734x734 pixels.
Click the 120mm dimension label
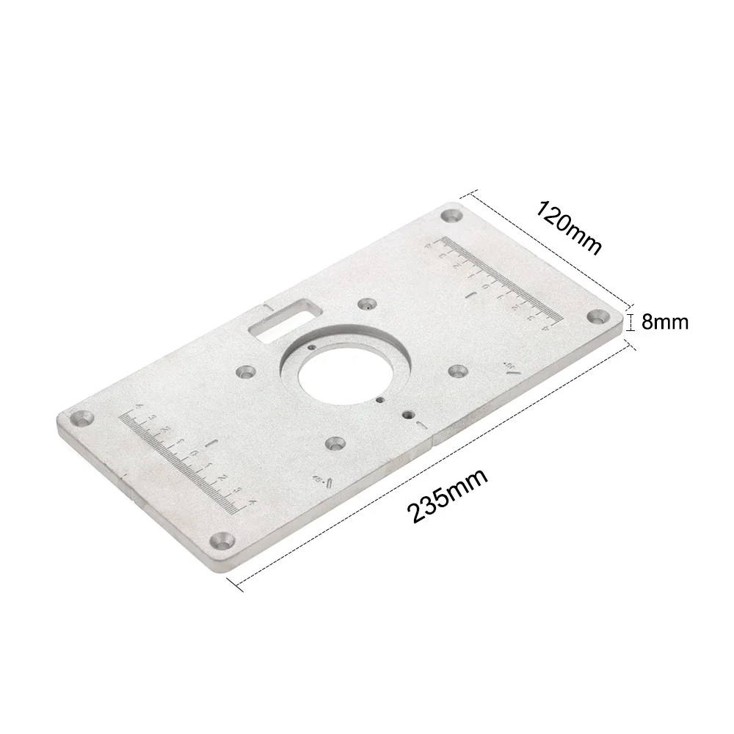click(x=570, y=225)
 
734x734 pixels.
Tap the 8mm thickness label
click(x=665, y=321)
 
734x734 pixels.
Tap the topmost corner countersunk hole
click(x=450, y=216)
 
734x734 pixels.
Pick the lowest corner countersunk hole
click(x=221, y=541)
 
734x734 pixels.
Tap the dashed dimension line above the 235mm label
click(x=433, y=461)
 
